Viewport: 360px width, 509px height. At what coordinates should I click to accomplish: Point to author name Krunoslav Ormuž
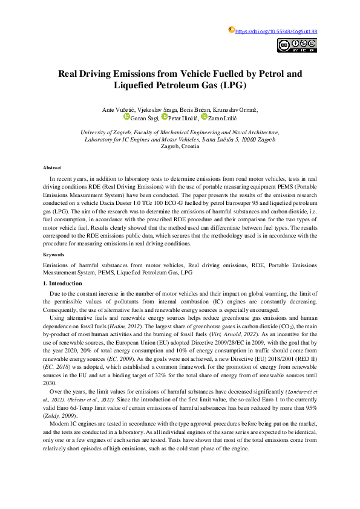click(x=235, y=109)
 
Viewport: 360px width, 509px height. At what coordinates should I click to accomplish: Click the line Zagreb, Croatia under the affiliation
click(x=179, y=147)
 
